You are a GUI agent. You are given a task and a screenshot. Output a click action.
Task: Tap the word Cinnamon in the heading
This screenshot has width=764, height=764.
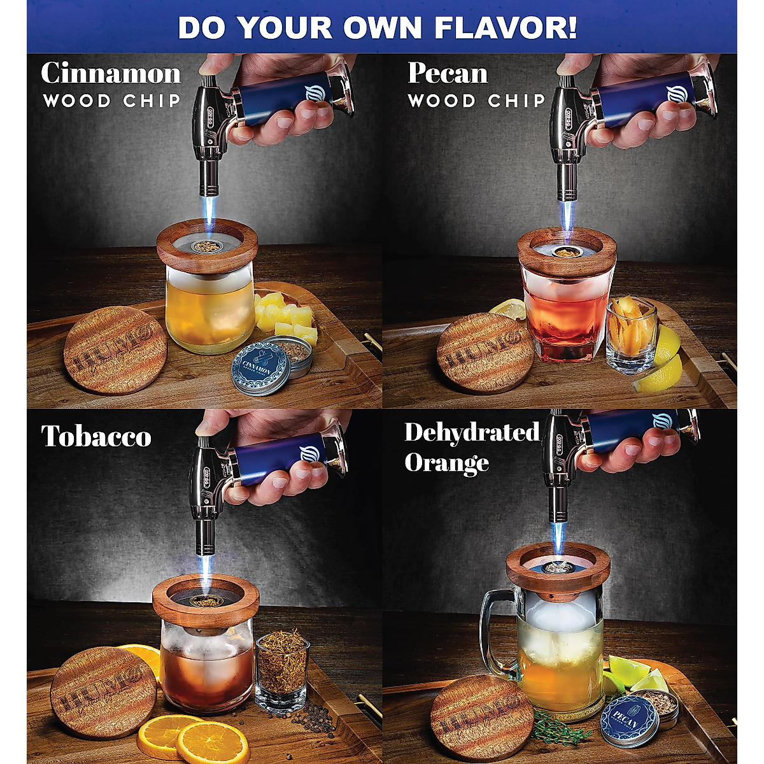[111, 73]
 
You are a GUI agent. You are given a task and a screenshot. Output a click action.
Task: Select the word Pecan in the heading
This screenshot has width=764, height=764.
[448, 73]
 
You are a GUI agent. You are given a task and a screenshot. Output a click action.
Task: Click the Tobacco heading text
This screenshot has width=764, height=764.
[96, 436]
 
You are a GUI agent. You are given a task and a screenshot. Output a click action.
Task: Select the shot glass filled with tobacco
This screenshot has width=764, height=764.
[281, 668]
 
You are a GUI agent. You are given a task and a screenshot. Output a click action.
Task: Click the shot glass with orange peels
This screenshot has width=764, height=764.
[632, 334]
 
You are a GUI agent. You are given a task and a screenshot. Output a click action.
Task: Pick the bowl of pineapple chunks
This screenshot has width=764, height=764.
[286, 318]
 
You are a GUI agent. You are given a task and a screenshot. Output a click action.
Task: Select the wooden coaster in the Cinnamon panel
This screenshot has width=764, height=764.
[115, 351]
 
